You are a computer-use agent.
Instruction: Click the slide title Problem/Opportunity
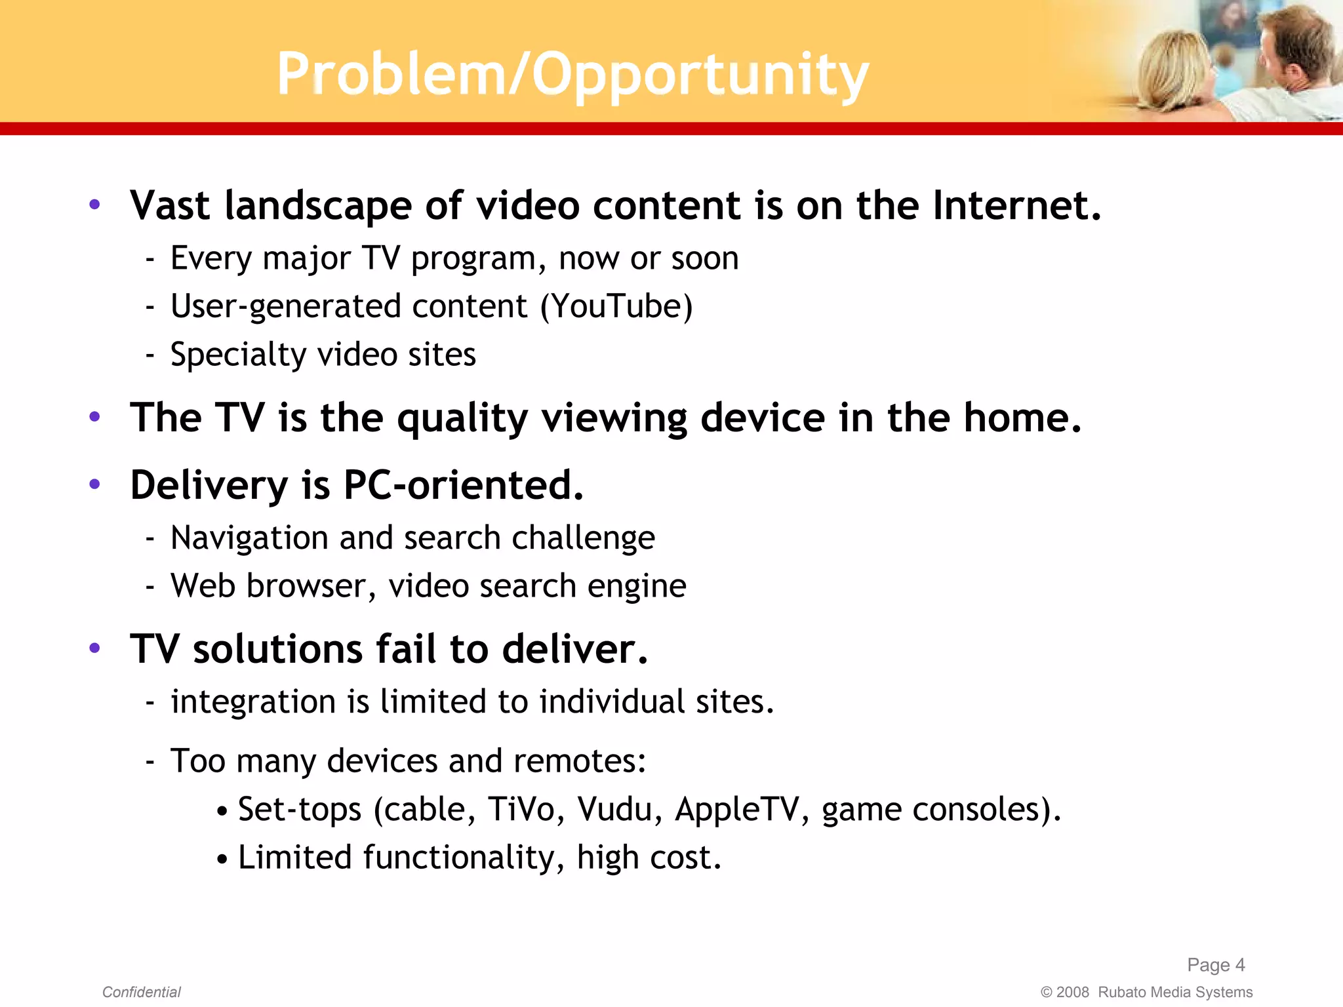572,74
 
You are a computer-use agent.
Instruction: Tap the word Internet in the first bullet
1016,205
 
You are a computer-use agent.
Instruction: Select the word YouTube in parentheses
617,306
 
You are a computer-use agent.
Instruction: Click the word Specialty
237,355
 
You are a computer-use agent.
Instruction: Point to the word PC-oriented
462,485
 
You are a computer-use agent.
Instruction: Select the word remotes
579,761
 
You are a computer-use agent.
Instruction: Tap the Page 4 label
1215,964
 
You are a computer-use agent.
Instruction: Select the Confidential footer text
141,992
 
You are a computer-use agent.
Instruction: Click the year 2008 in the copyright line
1072,992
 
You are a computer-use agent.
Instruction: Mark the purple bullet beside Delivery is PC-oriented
95,484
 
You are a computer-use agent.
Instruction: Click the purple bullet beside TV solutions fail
95,648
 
